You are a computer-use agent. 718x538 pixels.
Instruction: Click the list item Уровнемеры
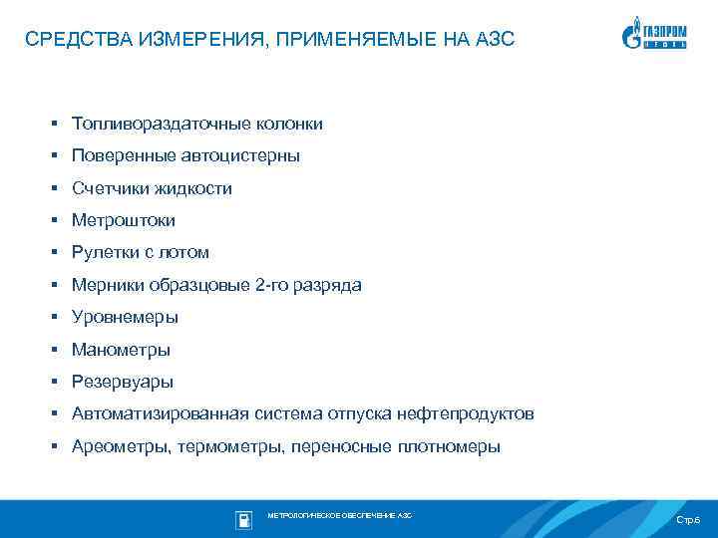click(125, 318)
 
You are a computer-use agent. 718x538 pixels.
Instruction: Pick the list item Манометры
click(121, 350)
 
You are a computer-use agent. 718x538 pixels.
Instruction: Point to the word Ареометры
click(120, 446)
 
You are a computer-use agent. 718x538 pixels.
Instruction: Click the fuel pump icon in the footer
click(243, 519)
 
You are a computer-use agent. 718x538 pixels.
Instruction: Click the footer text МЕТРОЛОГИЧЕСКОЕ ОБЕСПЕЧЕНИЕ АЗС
click(339, 516)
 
